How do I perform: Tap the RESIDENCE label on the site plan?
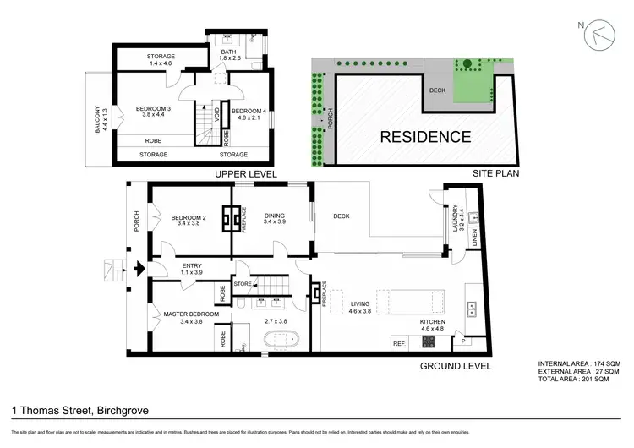424,136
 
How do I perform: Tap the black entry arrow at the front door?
139,270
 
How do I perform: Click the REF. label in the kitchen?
400,343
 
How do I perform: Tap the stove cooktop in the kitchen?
429,342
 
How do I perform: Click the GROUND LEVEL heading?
455,366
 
